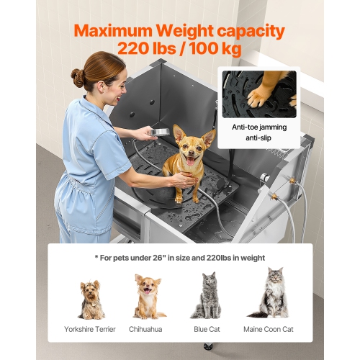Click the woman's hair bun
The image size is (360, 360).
click(x=78, y=77)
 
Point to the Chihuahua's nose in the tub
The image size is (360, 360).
click(x=192, y=154)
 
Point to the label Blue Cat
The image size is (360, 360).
click(x=207, y=329)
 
